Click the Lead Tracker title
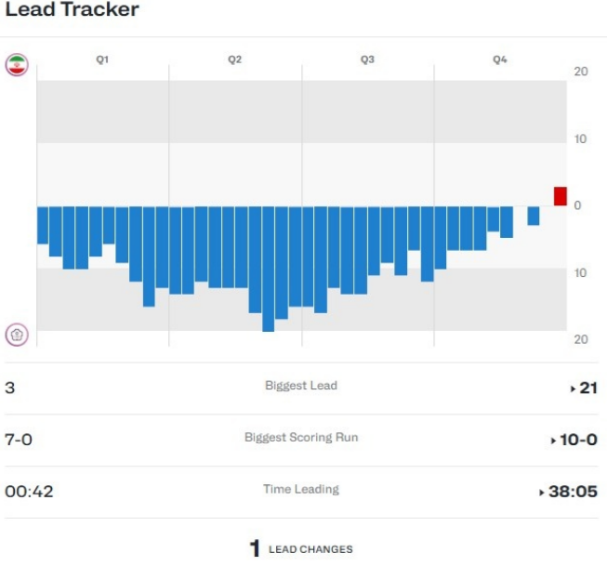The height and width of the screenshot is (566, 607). [72, 11]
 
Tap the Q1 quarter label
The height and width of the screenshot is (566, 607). [102, 59]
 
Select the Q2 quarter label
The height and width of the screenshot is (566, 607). [235, 59]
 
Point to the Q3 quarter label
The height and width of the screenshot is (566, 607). [367, 59]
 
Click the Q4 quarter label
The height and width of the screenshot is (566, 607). [500, 59]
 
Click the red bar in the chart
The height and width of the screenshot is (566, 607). [560, 196]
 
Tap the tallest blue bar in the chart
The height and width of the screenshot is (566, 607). [268, 269]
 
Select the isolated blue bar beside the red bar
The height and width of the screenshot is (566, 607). [534, 216]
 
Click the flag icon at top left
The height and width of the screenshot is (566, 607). [17, 64]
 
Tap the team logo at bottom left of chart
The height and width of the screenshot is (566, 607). [17, 335]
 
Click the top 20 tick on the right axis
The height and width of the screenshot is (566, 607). [580, 72]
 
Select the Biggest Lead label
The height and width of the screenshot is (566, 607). [300, 386]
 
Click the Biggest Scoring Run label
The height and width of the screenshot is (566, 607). [300, 437]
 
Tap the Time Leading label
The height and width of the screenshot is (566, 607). [300, 489]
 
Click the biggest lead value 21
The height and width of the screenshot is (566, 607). [587, 388]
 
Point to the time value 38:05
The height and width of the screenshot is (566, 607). [572, 492]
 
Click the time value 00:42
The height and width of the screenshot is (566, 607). [29, 492]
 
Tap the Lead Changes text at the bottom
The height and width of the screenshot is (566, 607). [310, 549]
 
